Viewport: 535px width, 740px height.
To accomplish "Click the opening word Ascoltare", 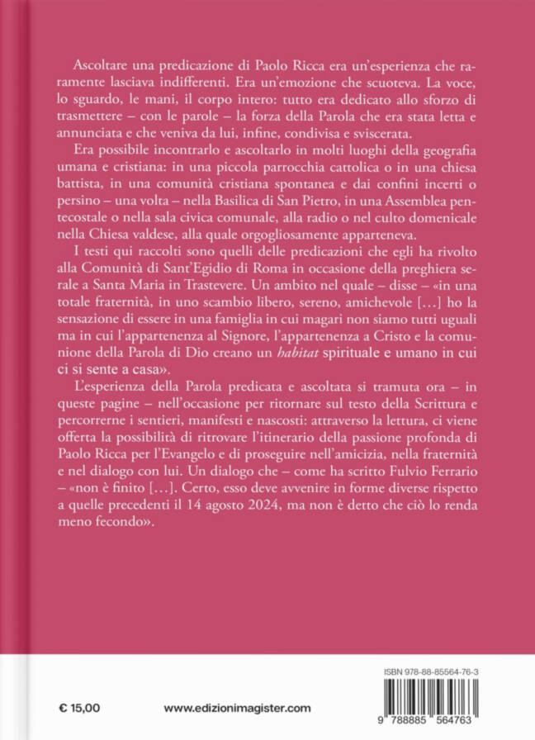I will tap(92, 66).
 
